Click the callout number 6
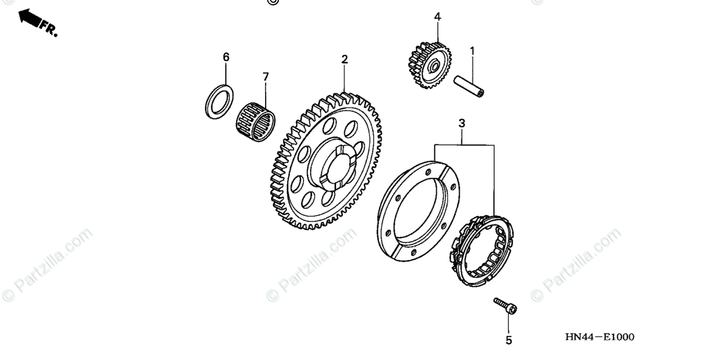click(x=226, y=57)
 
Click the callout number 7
click(x=266, y=76)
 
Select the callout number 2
click(x=344, y=59)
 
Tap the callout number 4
click(x=437, y=17)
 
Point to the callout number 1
click(x=472, y=51)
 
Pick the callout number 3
click(x=461, y=124)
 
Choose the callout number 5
click(x=508, y=340)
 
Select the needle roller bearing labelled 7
click(x=254, y=120)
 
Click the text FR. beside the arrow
click(x=49, y=29)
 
